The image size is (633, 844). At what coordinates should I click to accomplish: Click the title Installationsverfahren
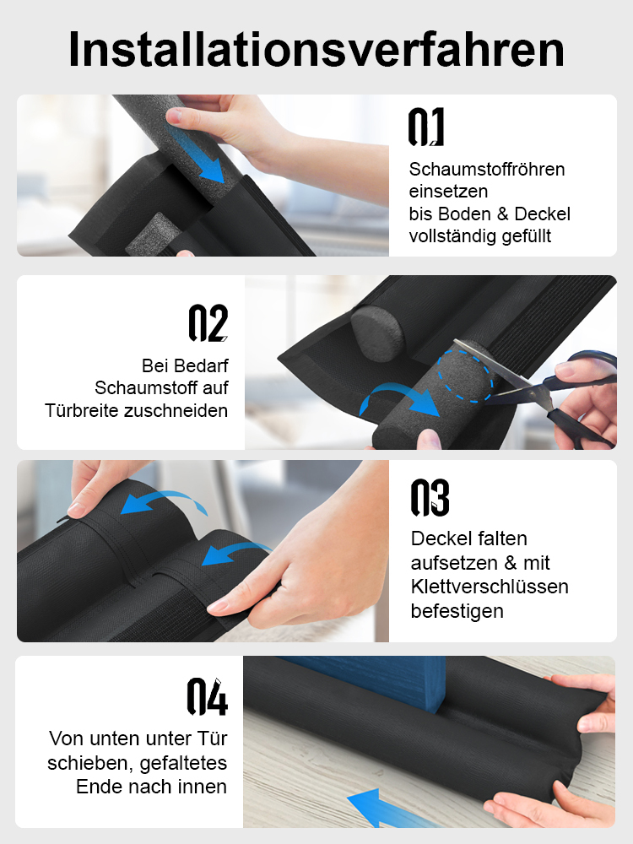(316, 49)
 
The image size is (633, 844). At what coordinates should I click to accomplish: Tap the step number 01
(426, 127)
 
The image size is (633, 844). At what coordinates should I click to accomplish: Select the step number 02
(208, 323)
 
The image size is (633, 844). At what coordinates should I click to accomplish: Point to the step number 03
(430, 498)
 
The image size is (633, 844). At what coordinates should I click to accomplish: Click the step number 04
(208, 696)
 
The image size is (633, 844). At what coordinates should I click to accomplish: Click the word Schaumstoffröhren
(487, 169)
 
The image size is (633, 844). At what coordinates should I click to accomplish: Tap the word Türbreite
(82, 410)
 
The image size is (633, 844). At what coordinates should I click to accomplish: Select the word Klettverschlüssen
(490, 587)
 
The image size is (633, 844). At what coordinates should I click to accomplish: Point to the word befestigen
(457, 611)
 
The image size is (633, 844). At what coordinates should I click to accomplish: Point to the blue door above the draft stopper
(366, 680)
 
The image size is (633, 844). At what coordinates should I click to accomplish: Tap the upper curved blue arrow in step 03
(165, 502)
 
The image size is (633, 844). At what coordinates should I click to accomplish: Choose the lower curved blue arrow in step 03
(236, 555)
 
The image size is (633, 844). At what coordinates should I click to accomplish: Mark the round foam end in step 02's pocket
(377, 332)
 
